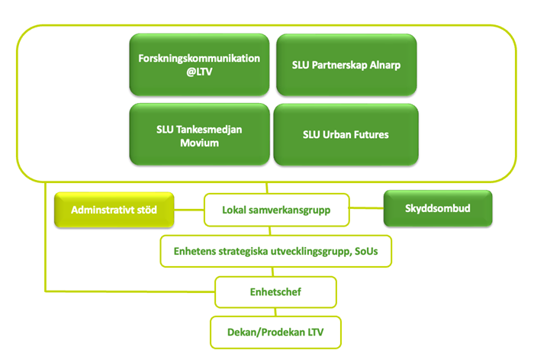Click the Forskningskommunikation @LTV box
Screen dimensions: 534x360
click(x=199, y=64)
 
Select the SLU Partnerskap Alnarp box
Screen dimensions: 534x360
click(x=346, y=65)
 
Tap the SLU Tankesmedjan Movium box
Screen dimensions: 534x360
click(x=199, y=134)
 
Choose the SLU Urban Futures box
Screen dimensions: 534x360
click(x=346, y=134)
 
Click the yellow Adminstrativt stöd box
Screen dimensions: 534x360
click(x=114, y=210)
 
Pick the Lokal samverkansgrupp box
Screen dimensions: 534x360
click(x=276, y=210)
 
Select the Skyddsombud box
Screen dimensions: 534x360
click(x=438, y=208)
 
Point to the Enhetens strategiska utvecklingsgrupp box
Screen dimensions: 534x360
click(x=276, y=251)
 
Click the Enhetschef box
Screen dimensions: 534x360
click(x=275, y=292)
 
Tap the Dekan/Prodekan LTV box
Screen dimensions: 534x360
click(x=275, y=332)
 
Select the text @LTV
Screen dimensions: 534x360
click(x=199, y=72)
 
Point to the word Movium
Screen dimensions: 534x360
click(x=199, y=143)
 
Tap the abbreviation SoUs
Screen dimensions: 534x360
click(x=366, y=251)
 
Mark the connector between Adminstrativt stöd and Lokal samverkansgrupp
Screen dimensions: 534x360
click(x=189, y=210)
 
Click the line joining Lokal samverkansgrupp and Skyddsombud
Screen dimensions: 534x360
click(x=366, y=207)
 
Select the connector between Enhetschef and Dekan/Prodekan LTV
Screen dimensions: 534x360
click(x=275, y=312)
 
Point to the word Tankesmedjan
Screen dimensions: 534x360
click(x=209, y=130)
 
